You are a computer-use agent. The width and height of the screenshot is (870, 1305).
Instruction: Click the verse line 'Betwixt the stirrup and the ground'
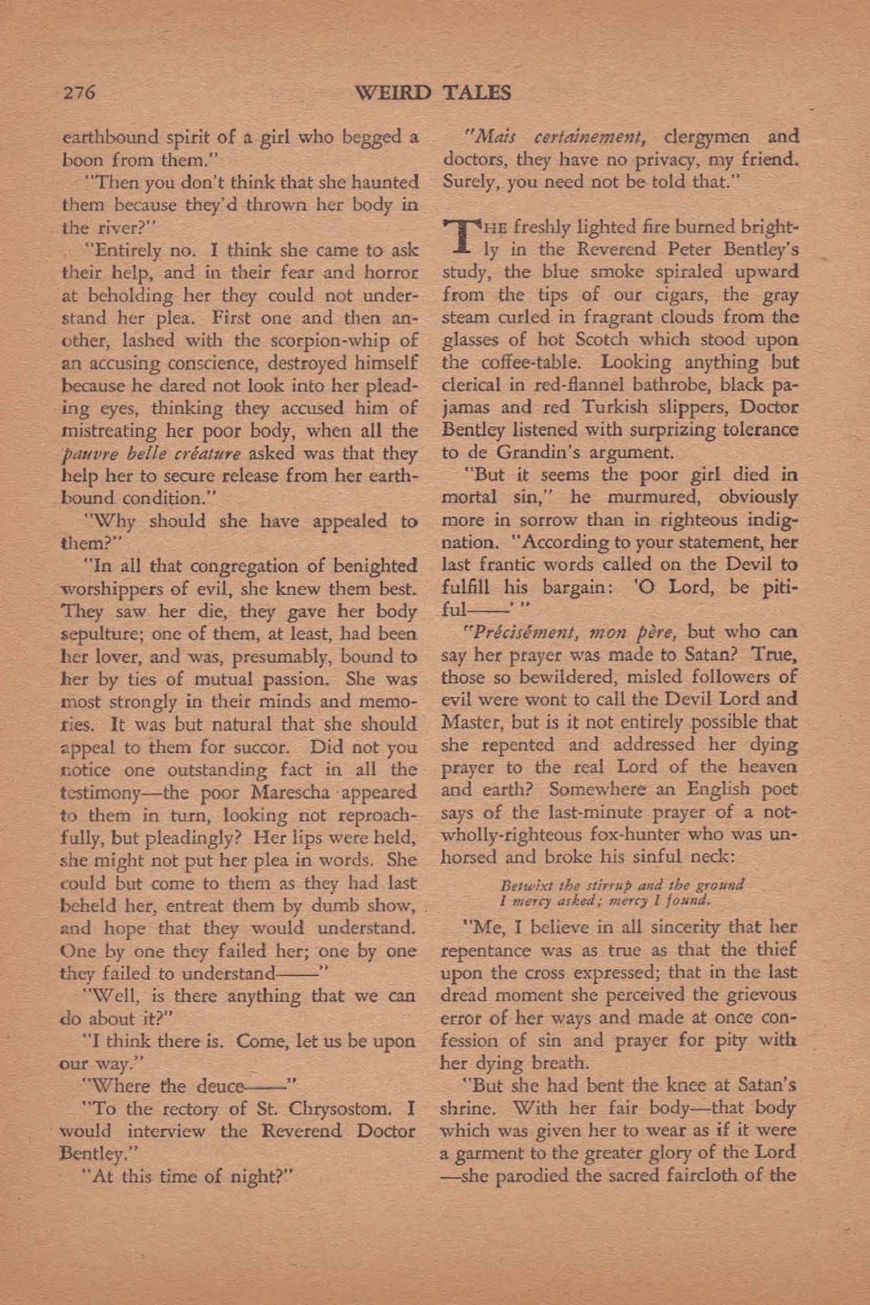pos(622,886)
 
